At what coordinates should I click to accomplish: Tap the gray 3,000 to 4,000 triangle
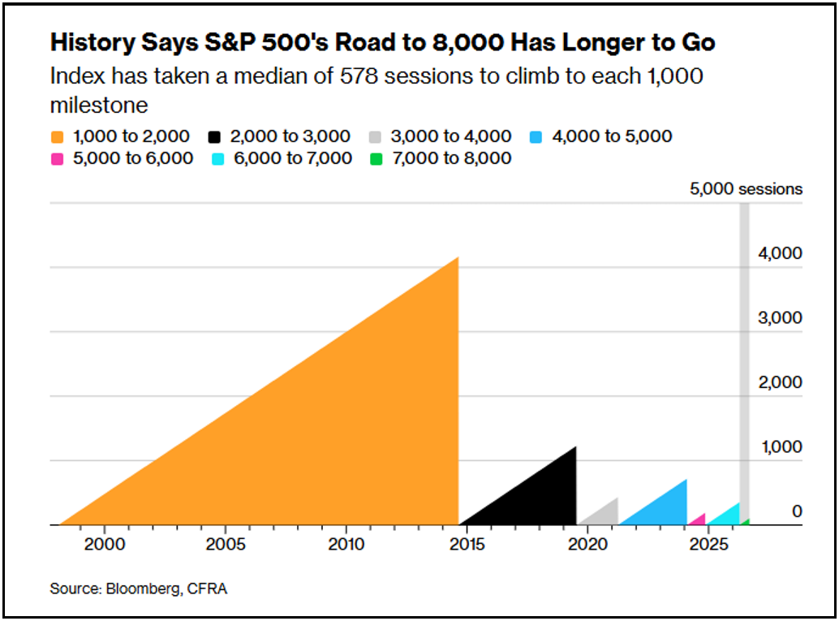(605, 515)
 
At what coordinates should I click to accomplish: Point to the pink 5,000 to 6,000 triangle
(699, 520)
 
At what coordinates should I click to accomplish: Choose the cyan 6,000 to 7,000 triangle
(729, 517)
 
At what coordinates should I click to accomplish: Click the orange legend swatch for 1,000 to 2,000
(58, 137)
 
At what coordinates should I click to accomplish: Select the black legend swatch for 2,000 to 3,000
(214, 137)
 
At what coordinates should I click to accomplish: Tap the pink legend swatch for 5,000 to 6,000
(58, 159)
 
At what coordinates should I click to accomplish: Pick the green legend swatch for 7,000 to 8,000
(376, 159)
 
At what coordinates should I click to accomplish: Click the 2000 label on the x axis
(105, 545)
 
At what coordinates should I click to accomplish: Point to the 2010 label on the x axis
(346, 545)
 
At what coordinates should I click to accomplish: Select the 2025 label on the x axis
(709, 545)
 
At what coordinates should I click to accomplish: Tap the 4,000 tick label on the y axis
(780, 253)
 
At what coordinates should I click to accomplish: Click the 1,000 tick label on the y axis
(781, 447)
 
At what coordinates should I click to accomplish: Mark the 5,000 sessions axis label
(746, 189)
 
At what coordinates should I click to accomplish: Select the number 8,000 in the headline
(467, 42)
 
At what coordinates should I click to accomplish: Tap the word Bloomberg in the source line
(144, 589)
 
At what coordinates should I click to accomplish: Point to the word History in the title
(93, 43)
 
